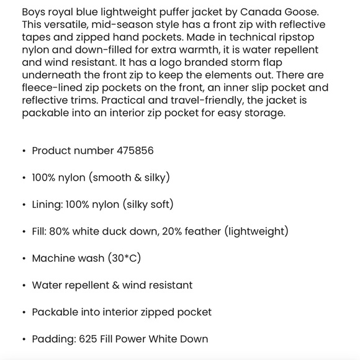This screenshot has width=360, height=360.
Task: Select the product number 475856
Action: pos(135,151)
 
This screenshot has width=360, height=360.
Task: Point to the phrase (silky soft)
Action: pos(148,204)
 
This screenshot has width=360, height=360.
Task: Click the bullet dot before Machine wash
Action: pos(24,259)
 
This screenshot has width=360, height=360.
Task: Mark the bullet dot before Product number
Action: pos(24,151)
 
